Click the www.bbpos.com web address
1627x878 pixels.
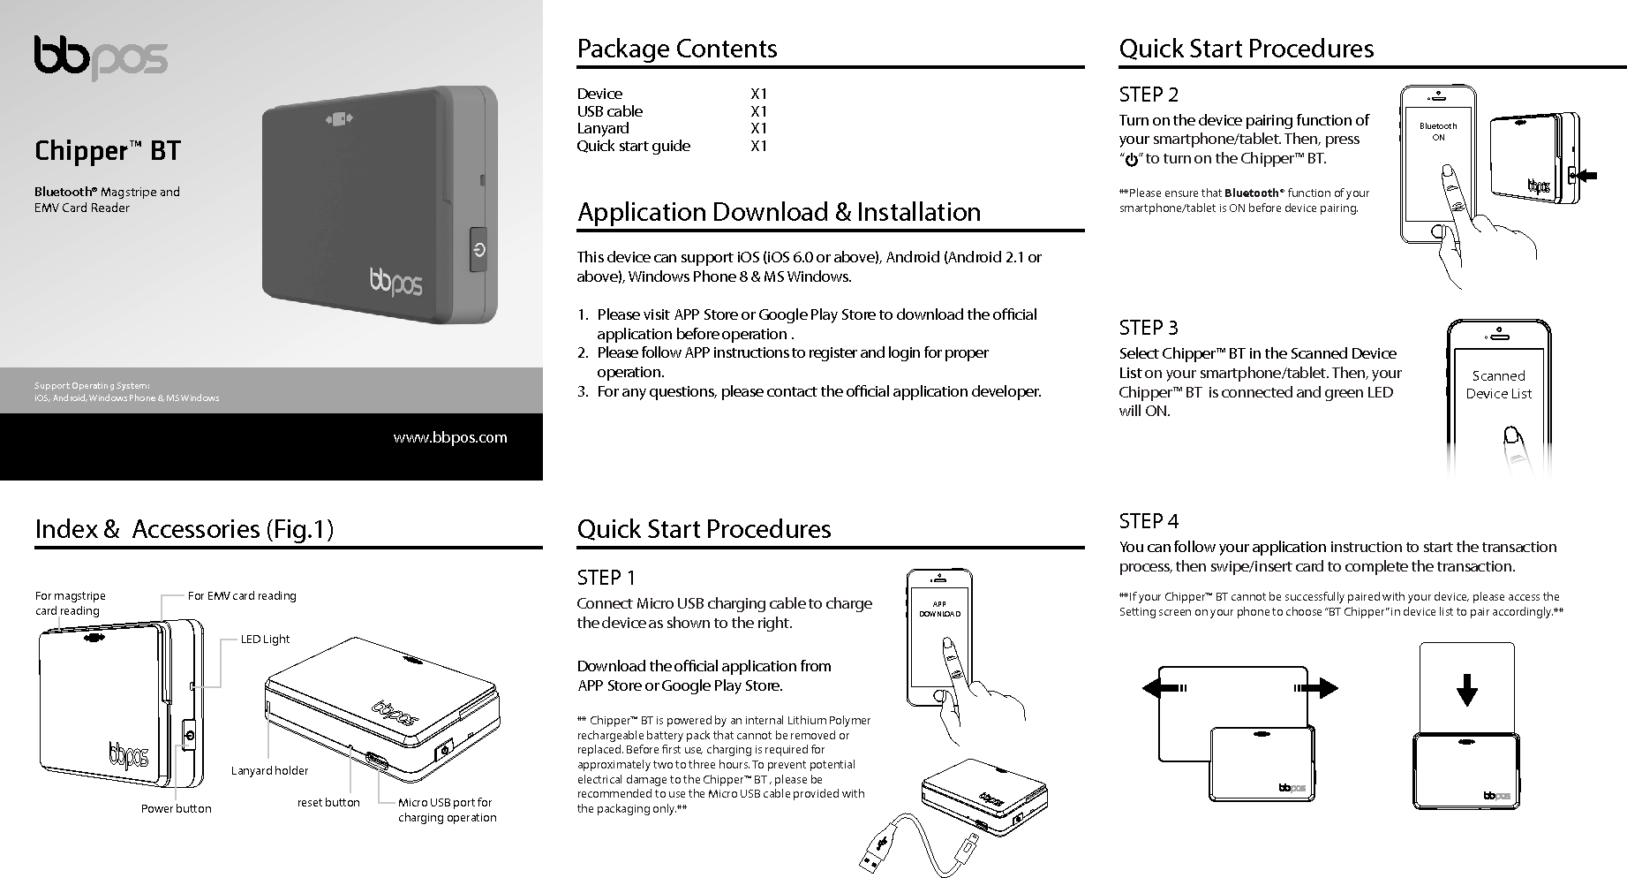pos(450,437)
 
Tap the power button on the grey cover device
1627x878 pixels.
pos(478,250)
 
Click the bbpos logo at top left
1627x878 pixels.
pos(101,58)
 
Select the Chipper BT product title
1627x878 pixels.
pos(107,151)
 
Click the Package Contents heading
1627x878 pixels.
pos(676,49)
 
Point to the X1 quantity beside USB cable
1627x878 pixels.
pos(758,111)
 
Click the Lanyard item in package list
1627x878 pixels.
pos(603,128)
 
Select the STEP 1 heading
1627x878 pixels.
pos(606,578)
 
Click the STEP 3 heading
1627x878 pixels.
pos(1148,328)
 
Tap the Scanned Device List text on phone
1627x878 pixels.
pos(1498,384)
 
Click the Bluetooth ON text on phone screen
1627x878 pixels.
pos(1438,132)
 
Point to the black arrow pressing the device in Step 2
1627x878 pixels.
pos(1587,176)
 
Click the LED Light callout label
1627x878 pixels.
pos(265,639)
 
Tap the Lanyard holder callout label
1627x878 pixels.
pos(269,770)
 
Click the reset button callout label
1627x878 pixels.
pos(328,802)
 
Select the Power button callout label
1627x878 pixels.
pos(176,808)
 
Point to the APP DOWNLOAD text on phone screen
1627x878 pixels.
pos(939,609)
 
